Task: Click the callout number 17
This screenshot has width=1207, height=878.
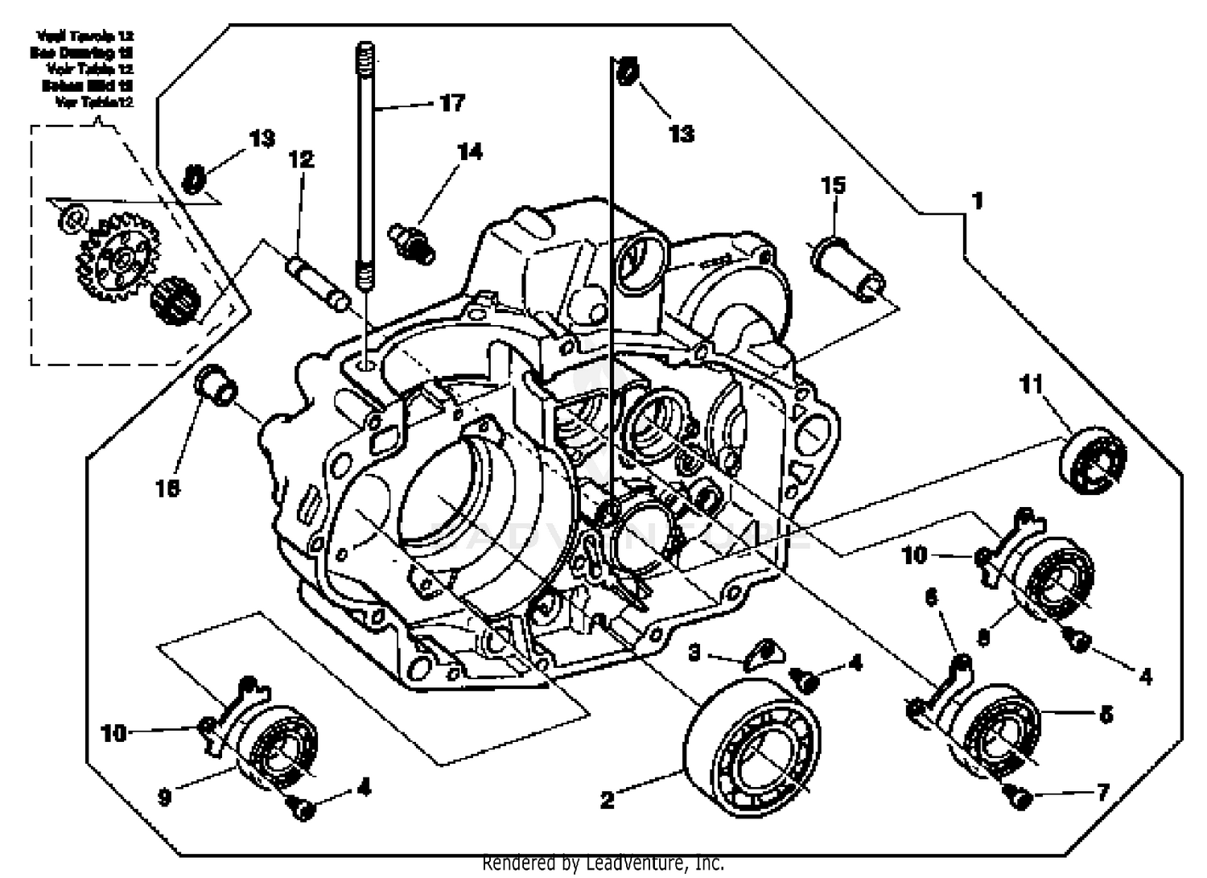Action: pos(452,103)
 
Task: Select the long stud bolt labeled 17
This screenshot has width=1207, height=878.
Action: pos(365,161)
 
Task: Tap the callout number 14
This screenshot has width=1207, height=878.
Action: pos(470,152)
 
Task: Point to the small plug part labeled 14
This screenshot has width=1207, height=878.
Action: pos(411,242)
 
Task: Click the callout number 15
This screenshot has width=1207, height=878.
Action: pos(834,185)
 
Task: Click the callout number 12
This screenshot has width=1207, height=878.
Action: pos(301,159)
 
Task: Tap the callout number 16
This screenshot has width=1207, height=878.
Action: pos(168,488)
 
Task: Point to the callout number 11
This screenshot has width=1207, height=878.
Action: pos(1032,385)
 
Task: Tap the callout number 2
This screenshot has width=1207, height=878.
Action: pos(608,799)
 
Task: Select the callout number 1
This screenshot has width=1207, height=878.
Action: pos(978,200)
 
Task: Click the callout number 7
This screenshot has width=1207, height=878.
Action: pos(1102,793)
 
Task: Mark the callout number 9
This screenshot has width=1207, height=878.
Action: pos(164,797)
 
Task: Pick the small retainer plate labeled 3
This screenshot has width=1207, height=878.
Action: pos(760,653)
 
